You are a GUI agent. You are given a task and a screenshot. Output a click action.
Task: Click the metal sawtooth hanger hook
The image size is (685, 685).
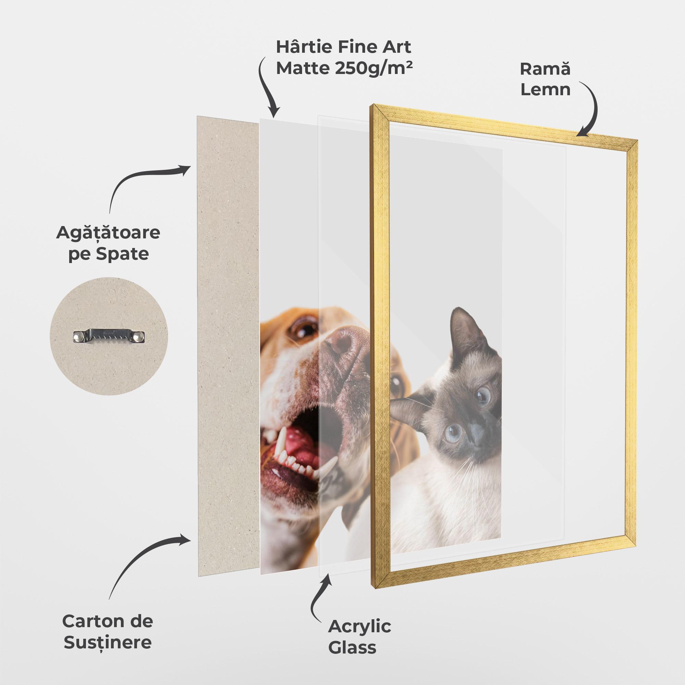pyautogui.click(x=110, y=336)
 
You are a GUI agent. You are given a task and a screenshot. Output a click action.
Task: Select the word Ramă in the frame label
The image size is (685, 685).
pyautogui.click(x=545, y=69)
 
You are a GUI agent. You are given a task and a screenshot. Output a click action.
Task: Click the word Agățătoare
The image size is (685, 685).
pyautogui.click(x=108, y=233)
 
